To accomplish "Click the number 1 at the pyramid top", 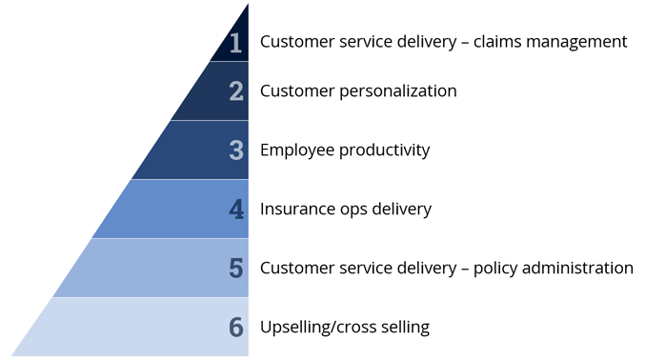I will coord(235,42).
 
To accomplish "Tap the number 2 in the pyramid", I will coord(236,91).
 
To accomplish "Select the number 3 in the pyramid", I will coord(236,150).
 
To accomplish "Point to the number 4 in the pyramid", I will coord(236,209).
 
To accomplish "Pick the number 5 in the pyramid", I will coord(236,268).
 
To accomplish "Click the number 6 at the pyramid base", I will coord(236,327).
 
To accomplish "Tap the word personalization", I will coord(393,91).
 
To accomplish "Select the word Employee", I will coord(296,150).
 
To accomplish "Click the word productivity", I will coord(384,150).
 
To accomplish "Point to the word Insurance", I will coord(296,209).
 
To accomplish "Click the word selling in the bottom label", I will coord(404,327).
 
